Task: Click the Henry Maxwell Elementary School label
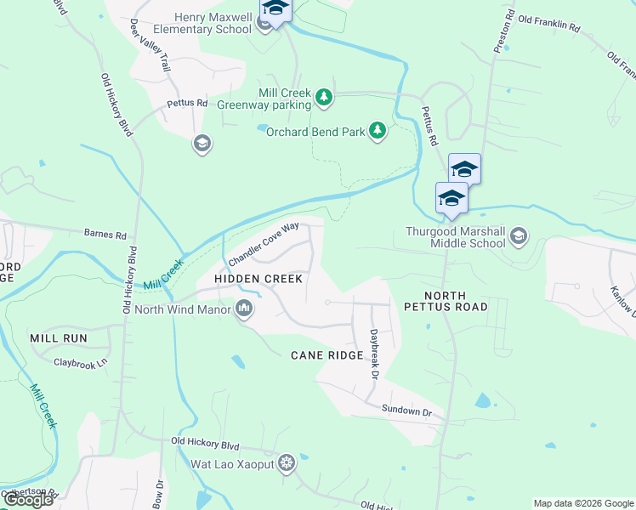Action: point(214,23)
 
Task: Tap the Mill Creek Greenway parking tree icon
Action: point(324,99)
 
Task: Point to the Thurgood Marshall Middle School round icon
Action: point(519,235)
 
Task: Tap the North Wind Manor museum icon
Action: point(244,309)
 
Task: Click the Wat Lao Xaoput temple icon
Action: point(287,463)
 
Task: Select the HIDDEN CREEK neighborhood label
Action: point(258,279)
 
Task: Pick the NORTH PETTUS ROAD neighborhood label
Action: point(446,301)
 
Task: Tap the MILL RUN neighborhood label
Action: point(59,338)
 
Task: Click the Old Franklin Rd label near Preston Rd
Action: point(548,24)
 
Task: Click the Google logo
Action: point(27,500)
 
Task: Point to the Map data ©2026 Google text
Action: point(582,503)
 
